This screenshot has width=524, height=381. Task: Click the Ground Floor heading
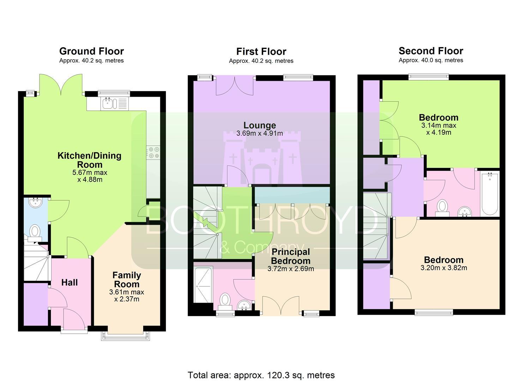91,51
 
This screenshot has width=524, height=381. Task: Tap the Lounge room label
260,125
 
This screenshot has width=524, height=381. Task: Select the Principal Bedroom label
291,256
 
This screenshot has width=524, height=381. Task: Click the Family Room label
127,280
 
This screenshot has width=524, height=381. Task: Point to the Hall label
70,283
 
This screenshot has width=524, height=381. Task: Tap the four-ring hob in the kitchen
153,152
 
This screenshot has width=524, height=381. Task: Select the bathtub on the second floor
490,194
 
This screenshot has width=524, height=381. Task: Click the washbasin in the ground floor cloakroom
36,203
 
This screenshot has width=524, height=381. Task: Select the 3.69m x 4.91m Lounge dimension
260,134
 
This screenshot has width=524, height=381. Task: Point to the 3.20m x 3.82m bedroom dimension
444,268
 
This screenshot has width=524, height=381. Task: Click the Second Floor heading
431,51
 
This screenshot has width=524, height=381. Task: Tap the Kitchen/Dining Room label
90,160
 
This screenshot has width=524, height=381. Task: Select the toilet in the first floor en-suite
225,302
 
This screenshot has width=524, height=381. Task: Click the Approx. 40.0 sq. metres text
431,60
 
